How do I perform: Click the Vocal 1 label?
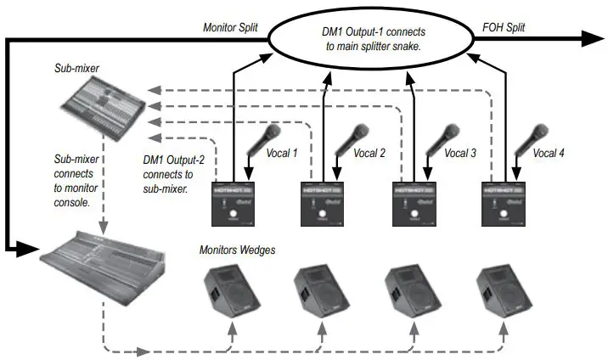tap(284, 154)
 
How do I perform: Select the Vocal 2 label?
tap(369, 154)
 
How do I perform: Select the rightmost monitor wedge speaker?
tap(502, 294)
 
